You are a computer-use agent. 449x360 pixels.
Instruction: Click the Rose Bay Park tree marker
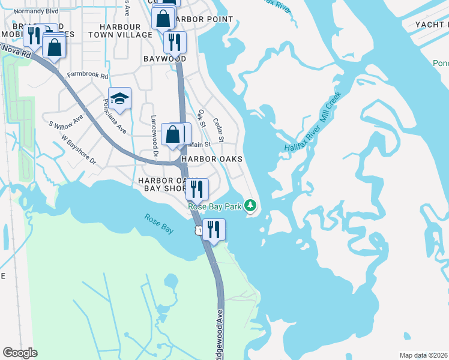click(250, 206)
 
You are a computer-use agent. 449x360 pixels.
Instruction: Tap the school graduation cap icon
click(119, 98)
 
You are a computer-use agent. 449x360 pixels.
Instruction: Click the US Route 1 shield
click(197, 230)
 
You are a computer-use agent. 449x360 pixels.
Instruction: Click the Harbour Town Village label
click(121, 31)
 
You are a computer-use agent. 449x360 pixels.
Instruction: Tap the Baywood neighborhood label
click(164, 59)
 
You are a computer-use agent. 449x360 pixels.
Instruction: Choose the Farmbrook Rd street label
click(87, 76)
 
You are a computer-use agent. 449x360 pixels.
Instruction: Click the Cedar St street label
click(219, 130)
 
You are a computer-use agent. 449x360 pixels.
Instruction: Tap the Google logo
click(20, 353)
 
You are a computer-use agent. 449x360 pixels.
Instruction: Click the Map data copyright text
click(423, 355)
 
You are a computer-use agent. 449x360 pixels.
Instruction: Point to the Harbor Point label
click(204, 19)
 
